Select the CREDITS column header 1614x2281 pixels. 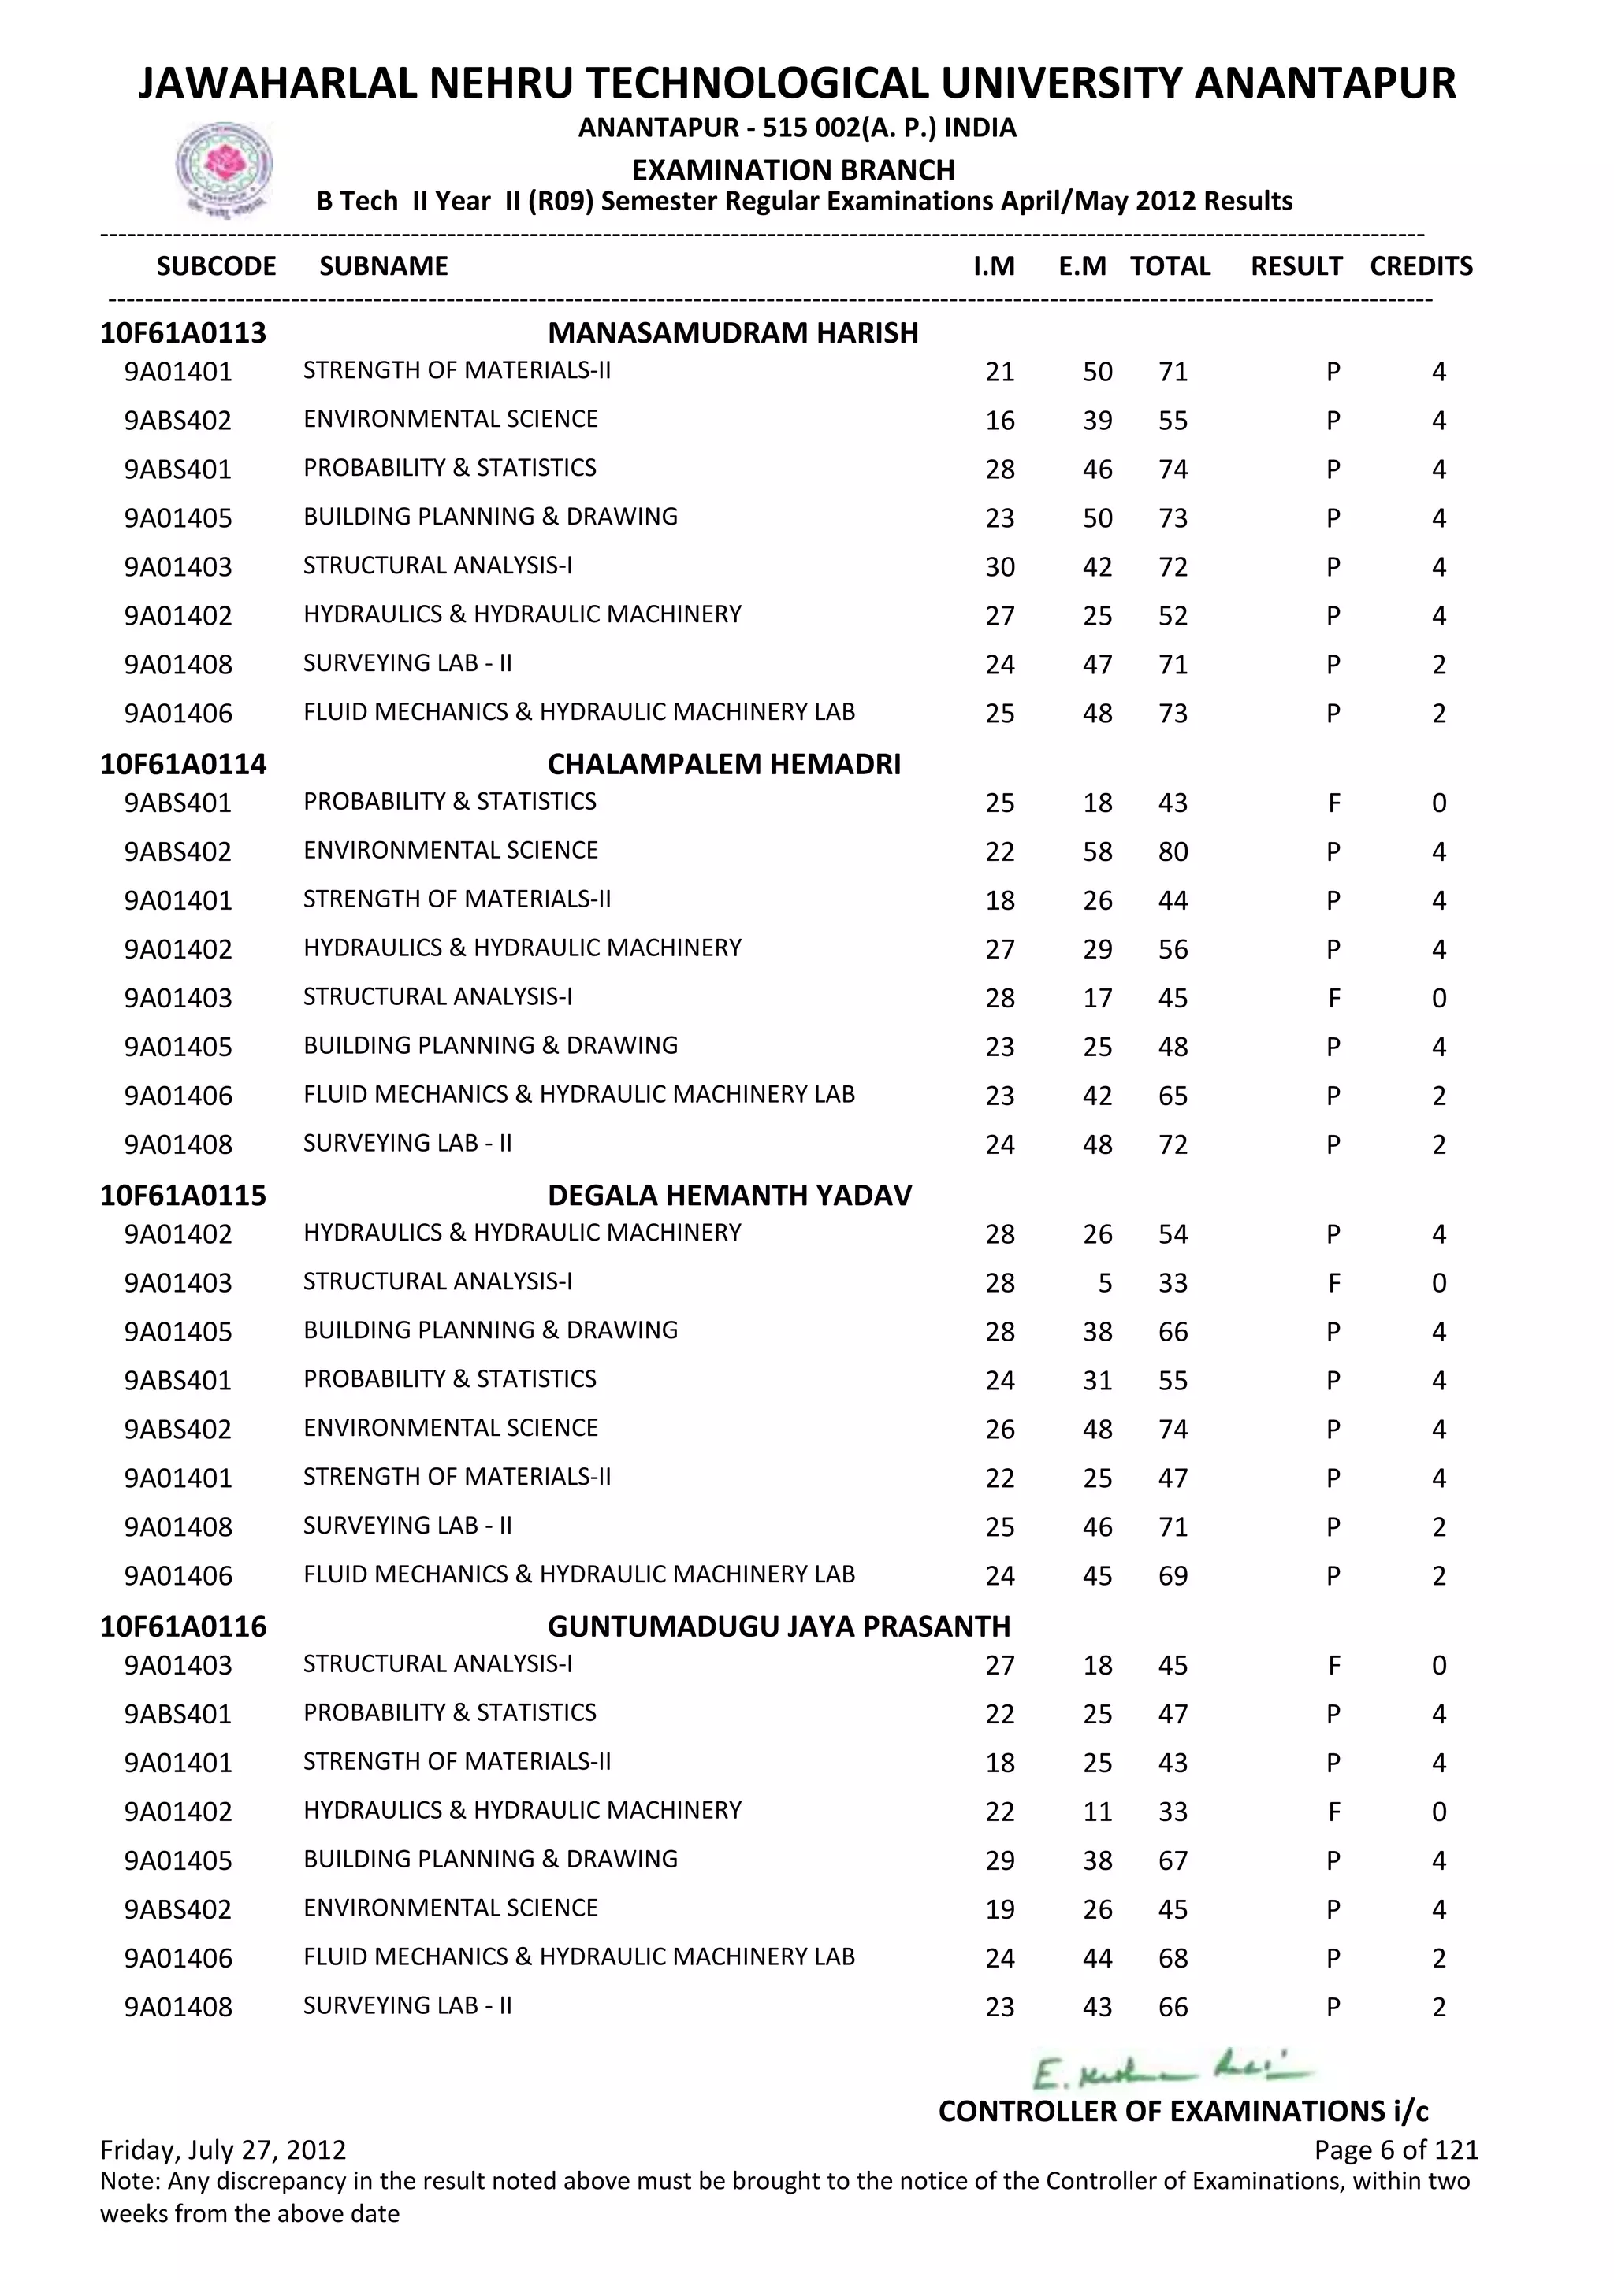pos(1420,266)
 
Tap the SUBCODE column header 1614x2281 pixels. pos(217,266)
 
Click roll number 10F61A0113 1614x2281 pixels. pos(184,333)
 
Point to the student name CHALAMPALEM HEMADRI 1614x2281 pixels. pos(723,764)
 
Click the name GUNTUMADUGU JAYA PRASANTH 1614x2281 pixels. pos(778,1626)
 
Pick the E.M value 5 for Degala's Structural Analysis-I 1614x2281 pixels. pos(1104,1284)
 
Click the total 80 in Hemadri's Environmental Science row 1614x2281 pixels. pos(1173,852)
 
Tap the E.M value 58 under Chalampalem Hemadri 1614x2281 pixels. pos(1097,852)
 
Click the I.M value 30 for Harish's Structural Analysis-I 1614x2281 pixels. pos(1000,567)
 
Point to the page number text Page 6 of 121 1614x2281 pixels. pos(1396,2150)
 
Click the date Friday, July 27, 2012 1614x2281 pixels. pos(224,2150)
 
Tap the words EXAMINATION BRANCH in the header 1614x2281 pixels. pos(793,170)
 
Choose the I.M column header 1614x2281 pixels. pos(994,266)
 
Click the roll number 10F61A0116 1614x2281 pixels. pos(184,1626)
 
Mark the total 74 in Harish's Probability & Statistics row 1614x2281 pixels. pos(1173,470)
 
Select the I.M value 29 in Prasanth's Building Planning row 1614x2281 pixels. pos(1000,1860)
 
